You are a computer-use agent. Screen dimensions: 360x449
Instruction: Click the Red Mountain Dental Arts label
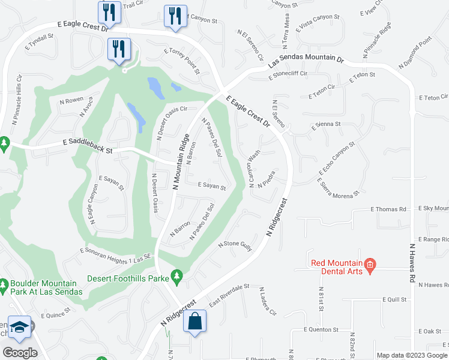(337, 268)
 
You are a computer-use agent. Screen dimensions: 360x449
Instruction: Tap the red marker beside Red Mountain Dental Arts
(370, 264)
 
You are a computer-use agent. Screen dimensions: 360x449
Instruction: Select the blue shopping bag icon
(195, 322)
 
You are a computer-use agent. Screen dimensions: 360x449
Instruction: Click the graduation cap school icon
(19, 327)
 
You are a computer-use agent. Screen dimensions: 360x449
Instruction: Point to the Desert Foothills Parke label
(128, 278)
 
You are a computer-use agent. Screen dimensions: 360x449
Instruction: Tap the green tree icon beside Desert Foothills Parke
(176, 275)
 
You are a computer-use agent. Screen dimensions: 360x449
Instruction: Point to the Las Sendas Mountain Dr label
(306, 62)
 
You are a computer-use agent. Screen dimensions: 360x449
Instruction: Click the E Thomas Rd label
(388, 209)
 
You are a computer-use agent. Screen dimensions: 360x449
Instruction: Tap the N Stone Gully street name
(235, 245)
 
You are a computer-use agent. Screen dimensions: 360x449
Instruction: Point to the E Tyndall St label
(40, 40)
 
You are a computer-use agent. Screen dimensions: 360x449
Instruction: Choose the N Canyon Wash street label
(253, 169)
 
